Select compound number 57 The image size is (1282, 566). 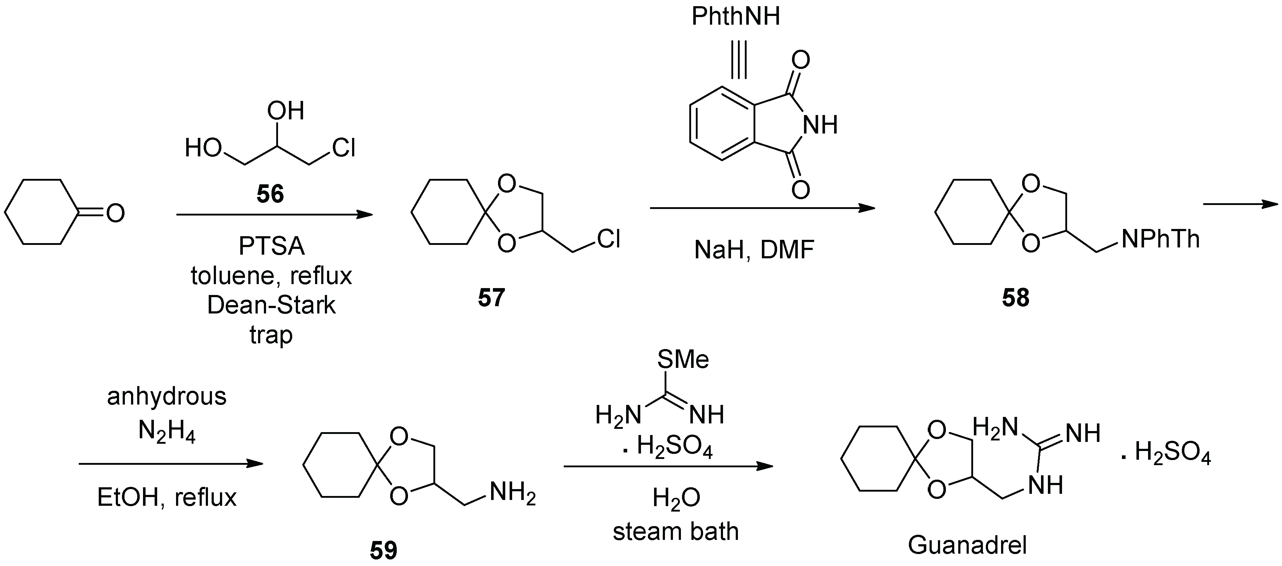[x=491, y=298]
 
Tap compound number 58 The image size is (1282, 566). [x=1015, y=298]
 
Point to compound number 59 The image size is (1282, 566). [x=383, y=550]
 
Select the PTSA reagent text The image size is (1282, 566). [x=271, y=246]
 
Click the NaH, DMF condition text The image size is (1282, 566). [x=754, y=250]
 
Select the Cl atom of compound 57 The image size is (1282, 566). [x=608, y=239]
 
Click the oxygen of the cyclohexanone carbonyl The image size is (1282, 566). [x=115, y=214]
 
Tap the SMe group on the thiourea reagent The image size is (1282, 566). [x=683, y=359]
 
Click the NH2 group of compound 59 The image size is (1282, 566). [x=512, y=493]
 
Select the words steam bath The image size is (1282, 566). [x=675, y=531]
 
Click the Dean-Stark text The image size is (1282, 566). [x=271, y=305]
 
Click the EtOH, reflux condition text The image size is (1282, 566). [x=167, y=497]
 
